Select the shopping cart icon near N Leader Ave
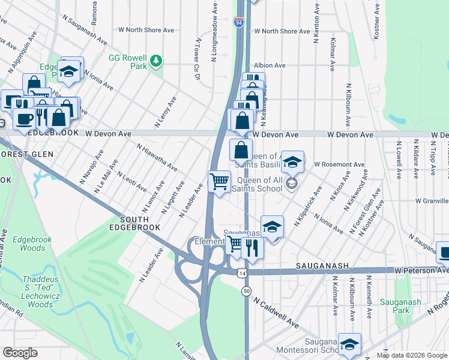219,181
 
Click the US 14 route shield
241,273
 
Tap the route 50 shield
247,291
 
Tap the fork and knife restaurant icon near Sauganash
252,247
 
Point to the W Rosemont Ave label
339,164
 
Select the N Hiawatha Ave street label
157,157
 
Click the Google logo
20,353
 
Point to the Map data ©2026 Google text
411,355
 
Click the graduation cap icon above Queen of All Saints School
292,162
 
